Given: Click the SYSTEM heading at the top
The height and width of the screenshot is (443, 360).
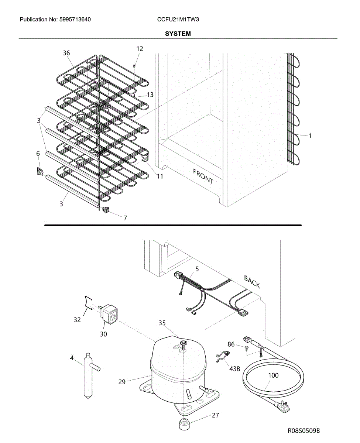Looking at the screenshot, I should tap(178, 34).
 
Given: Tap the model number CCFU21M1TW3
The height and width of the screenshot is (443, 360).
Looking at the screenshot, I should tap(178, 19).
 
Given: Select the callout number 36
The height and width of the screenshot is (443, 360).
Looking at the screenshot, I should tap(66, 53).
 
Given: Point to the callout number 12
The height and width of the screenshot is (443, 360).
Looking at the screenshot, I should tap(140, 48).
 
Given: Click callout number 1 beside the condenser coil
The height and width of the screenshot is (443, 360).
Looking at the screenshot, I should tap(310, 136).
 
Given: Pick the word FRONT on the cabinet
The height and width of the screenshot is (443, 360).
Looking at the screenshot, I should tap(203, 176).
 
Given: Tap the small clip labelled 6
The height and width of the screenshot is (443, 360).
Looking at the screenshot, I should tap(40, 171).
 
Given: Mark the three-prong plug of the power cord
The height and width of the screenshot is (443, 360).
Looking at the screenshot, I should tap(284, 406).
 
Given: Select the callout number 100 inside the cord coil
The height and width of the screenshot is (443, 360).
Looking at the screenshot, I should tap(273, 375).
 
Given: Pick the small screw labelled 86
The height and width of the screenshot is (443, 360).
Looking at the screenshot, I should tap(246, 348).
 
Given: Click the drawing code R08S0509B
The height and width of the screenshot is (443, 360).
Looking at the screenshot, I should tap(304, 431).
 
